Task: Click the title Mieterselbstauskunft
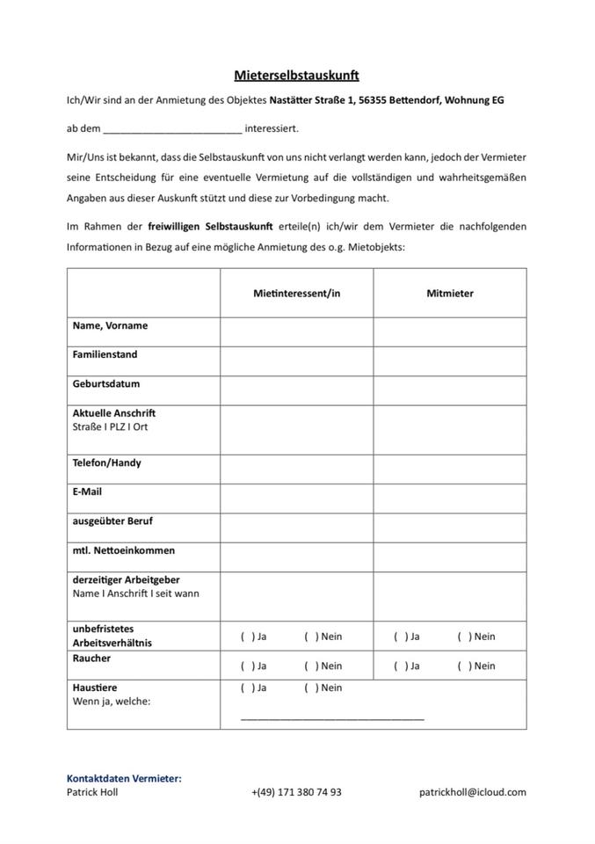(296, 76)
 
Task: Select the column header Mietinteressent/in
(296, 294)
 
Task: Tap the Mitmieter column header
(449, 294)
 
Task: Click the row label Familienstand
(105, 355)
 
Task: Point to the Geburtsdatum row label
(106, 384)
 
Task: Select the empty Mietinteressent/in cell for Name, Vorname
(296, 331)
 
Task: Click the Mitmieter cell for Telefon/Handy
(449, 469)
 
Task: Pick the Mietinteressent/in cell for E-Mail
(296, 498)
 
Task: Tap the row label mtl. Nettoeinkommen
(123, 550)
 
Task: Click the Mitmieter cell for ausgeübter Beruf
(449, 527)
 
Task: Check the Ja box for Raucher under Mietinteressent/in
(245, 666)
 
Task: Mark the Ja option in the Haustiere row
(245, 688)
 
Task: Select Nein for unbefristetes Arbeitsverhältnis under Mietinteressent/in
(308, 637)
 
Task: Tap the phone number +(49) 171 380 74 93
(296, 792)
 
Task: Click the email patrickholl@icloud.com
(472, 792)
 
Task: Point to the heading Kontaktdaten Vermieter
(124, 778)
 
